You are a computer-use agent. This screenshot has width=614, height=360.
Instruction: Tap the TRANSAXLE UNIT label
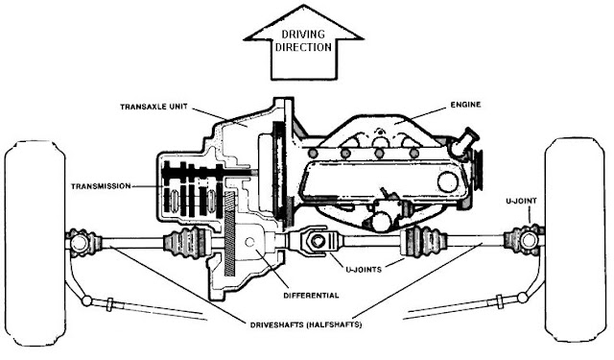click(153, 107)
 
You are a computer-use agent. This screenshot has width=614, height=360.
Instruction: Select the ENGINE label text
click(465, 105)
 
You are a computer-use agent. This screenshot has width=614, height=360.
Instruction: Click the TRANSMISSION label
click(101, 186)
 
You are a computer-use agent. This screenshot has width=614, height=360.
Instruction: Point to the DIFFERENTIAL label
click(311, 296)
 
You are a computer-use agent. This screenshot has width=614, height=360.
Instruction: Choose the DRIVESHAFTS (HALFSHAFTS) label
click(306, 324)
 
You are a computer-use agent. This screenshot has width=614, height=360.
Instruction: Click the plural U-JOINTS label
click(364, 270)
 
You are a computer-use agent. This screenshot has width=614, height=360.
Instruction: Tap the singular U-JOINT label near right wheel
click(521, 202)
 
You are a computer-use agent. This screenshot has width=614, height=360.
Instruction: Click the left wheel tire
click(35, 243)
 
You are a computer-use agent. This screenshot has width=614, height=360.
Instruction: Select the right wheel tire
click(575, 239)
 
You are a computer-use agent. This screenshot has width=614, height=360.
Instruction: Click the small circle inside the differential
click(249, 242)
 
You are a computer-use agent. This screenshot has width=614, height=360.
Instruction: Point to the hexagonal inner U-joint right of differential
click(316, 241)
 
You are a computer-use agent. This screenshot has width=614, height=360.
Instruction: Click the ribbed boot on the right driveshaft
click(426, 240)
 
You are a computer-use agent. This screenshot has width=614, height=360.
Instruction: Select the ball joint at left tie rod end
click(86, 300)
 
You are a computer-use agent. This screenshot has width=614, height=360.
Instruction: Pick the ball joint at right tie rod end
click(522, 298)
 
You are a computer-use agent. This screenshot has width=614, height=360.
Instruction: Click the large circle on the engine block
click(448, 181)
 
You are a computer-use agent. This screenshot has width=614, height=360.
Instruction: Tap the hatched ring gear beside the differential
click(229, 233)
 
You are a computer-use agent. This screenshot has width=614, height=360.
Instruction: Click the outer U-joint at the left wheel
click(82, 242)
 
